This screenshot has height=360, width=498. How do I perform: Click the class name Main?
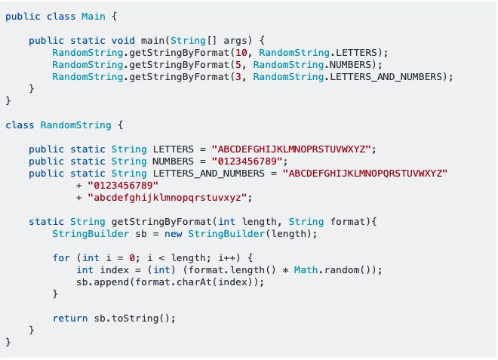[x=94, y=16]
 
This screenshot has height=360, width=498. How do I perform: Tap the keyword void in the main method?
[x=123, y=40]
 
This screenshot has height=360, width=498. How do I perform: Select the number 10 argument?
[x=241, y=52]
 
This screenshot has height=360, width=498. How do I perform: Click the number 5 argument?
[x=238, y=64]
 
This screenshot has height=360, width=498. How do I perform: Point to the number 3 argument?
[x=238, y=76]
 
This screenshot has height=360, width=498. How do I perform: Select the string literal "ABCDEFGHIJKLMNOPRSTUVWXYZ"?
[x=291, y=149]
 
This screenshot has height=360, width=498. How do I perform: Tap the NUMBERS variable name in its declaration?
[x=173, y=161]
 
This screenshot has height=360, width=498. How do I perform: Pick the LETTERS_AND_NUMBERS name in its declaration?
[x=208, y=174]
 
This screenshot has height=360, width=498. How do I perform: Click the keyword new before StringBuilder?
[x=173, y=234]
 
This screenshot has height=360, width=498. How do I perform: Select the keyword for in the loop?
[x=61, y=257]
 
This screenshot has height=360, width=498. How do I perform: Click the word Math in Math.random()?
[x=306, y=269]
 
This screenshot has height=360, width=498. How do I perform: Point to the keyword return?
[x=70, y=318]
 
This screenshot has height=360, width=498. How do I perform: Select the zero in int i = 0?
[x=132, y=257]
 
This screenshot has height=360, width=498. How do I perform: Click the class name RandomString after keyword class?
[x=75, y=125]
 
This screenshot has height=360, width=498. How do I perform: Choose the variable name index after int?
[x=115, y=269]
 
